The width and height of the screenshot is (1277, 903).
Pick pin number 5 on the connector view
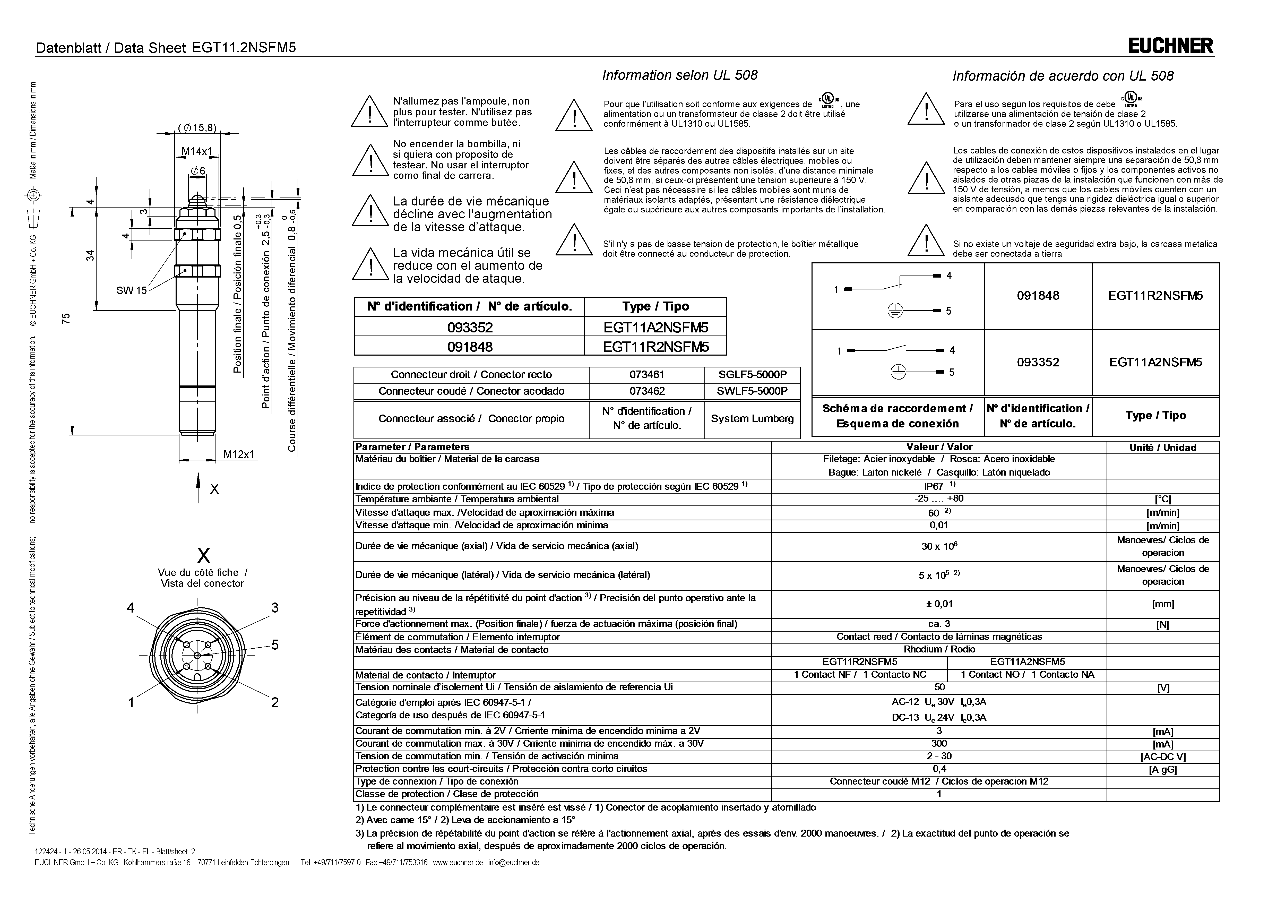coord(275,645)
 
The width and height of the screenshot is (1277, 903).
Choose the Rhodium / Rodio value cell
coord(939,649)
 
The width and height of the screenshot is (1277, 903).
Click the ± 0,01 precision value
coord(939,604)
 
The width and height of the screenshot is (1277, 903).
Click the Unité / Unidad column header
coord(1162,447)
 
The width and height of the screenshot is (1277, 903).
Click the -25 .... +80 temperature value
coord(939,498)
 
